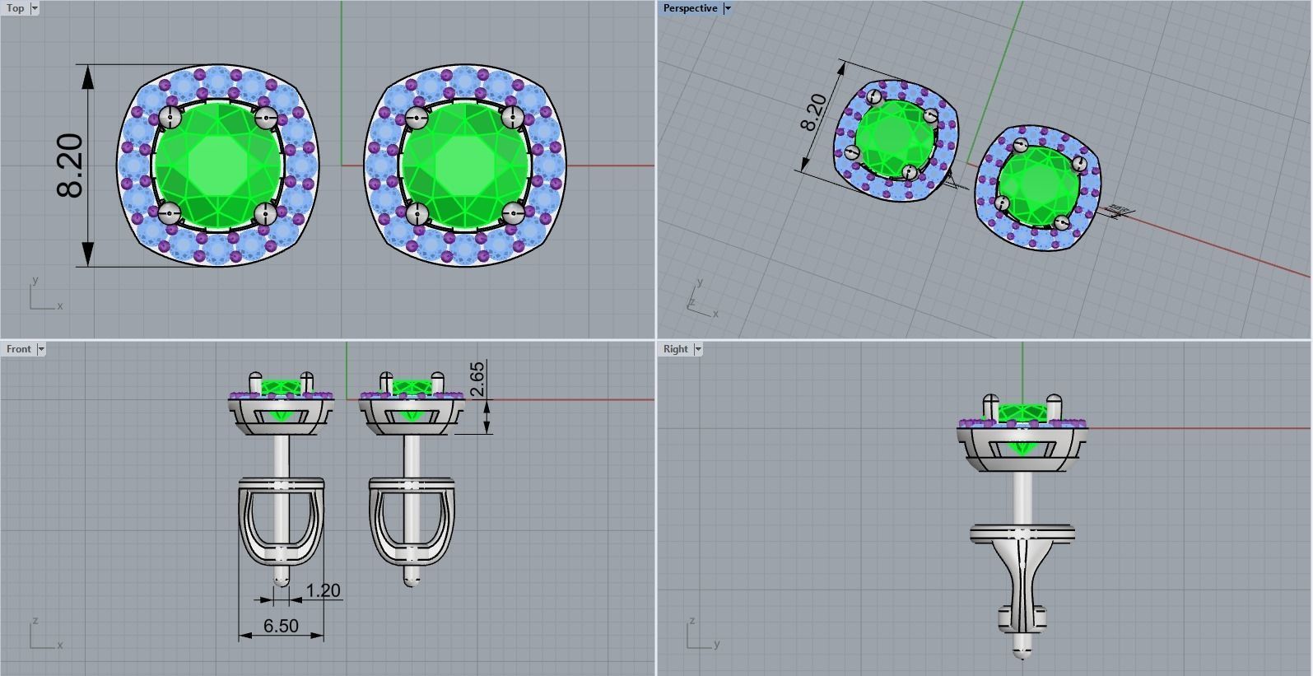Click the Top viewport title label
coord(16,8)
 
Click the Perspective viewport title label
coord(690,8)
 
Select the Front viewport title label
coord(18,349)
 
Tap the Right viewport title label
coord(675,349)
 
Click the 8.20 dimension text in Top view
coord(71,166)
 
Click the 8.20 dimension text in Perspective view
coord(812,113)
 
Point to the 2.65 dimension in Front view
coord(477,379)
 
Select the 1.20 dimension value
coord(323,590)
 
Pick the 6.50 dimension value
coord(281,626)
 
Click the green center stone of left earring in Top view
coord(218,166)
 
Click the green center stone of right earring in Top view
coord(464,166)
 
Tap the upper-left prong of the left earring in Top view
coord(170,117)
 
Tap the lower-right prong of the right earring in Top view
coord(513,214)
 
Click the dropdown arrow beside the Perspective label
coord(727,8)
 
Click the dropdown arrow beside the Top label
coord(35,8)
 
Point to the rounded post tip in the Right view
coord(1022,653)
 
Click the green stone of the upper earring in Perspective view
coord(893,136)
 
